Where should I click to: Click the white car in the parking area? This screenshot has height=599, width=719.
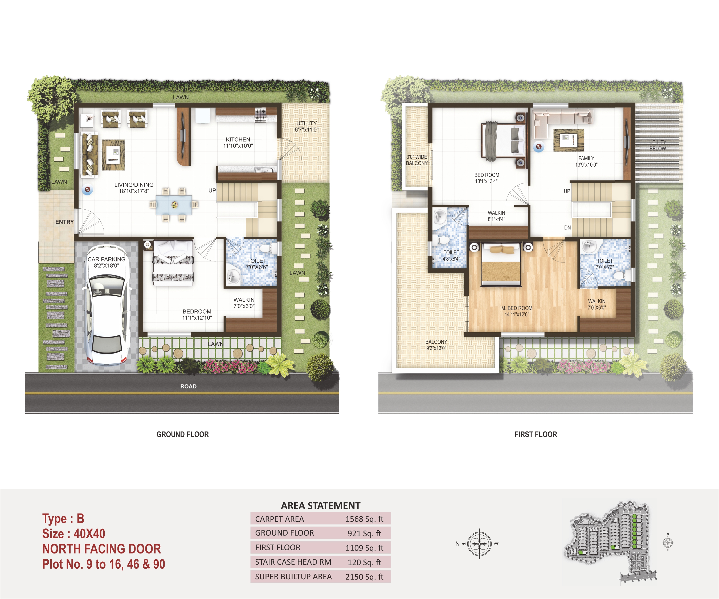(x=107, y=306)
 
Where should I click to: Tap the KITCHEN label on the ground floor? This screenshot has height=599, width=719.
(x=238, y=140)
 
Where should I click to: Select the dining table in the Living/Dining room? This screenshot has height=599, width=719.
(x=174, y=205)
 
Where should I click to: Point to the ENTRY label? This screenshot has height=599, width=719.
(x=64, y=222)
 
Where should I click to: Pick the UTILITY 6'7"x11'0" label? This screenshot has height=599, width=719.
(x=307, y=126)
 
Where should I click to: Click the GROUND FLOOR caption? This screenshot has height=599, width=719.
(x=182, y=434)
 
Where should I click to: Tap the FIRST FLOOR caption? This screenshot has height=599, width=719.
(x=536, y=434)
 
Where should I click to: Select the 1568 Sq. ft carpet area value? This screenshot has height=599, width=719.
(x=364, y=519)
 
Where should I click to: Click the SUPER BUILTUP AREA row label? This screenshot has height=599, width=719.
(x=293, y=577)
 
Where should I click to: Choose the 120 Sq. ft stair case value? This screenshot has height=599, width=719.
(x=364, y=562)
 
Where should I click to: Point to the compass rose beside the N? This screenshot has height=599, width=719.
(x=480, y=544)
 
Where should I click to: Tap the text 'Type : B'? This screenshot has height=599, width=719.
(x=63, y=519)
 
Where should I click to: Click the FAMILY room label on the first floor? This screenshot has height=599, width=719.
(x=586, y=158)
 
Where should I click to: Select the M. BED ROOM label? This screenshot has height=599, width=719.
(x=517, y=308)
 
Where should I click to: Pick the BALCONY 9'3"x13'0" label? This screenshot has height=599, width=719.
(x=436, y=345)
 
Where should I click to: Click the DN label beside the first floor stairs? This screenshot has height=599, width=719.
(x=567, y=228)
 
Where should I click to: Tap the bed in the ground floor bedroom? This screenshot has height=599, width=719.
(x=173, y=263)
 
